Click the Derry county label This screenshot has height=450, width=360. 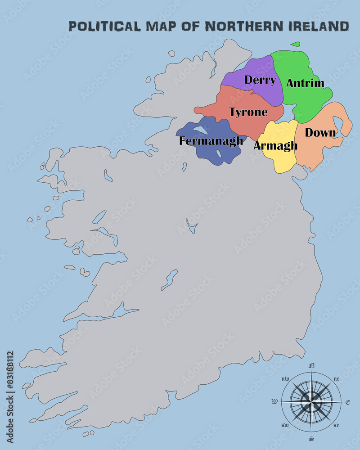(260, 81)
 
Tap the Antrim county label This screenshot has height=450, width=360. (305, 83)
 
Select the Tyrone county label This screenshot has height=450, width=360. (248, 112)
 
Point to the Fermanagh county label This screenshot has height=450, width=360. (211, 141)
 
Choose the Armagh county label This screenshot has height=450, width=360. (275, 146)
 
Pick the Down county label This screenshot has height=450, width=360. (320, 133)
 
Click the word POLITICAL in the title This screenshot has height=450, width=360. (104, 26)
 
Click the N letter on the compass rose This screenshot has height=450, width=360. (311, 365)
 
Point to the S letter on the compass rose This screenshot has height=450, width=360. (311, 438)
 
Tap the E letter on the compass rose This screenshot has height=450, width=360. (347, 402)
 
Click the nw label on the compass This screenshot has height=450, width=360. (285, 379)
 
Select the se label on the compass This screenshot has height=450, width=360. (336, 425)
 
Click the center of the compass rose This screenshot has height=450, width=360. (311, 400)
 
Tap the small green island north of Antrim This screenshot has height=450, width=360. (295, 44)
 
